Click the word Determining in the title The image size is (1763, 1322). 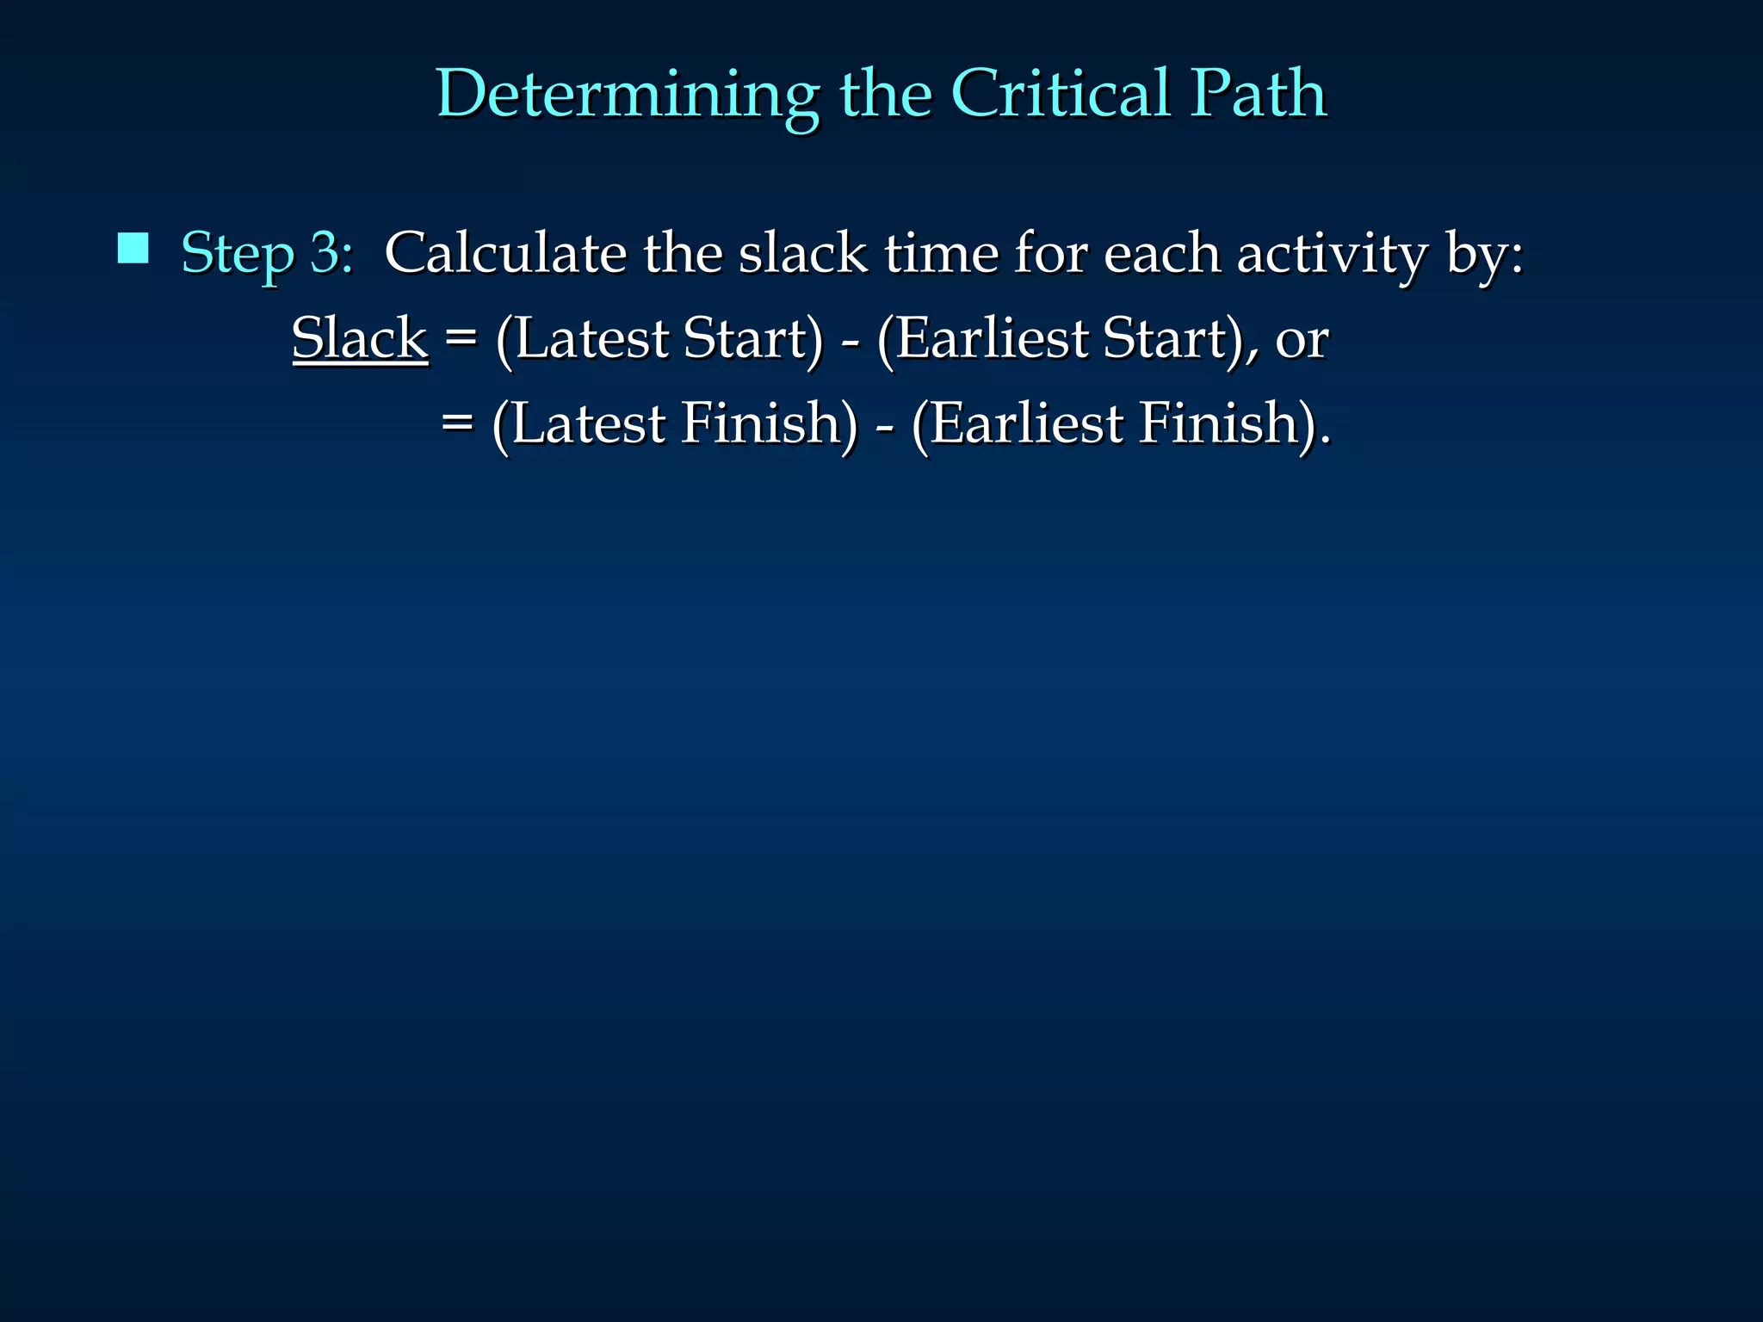627,95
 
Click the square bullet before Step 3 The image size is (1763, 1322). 133,249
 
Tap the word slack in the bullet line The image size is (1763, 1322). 803,253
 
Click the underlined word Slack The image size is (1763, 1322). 360,337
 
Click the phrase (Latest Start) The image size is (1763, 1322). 659,338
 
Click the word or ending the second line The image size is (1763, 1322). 1302,339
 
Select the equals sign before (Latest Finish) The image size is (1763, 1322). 457,423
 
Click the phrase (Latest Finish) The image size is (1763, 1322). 675,423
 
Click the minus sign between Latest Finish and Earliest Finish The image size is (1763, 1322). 885,425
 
